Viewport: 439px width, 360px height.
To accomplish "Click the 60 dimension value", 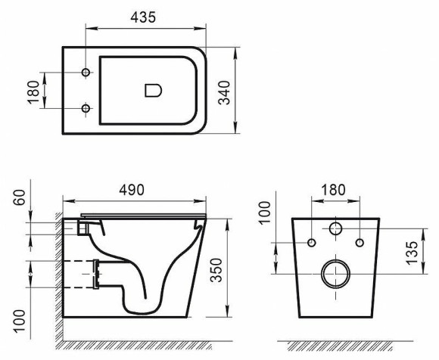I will click(19, 199).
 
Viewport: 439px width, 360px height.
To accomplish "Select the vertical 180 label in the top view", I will click(19, 91).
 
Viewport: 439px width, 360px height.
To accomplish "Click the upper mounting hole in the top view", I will click(86, 73).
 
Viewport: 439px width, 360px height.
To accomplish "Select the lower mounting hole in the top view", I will click(86, 109).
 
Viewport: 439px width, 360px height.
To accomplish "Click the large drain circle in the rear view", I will click(335, 274).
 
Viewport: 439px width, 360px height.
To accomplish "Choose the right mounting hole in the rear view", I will click(360, 242).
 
